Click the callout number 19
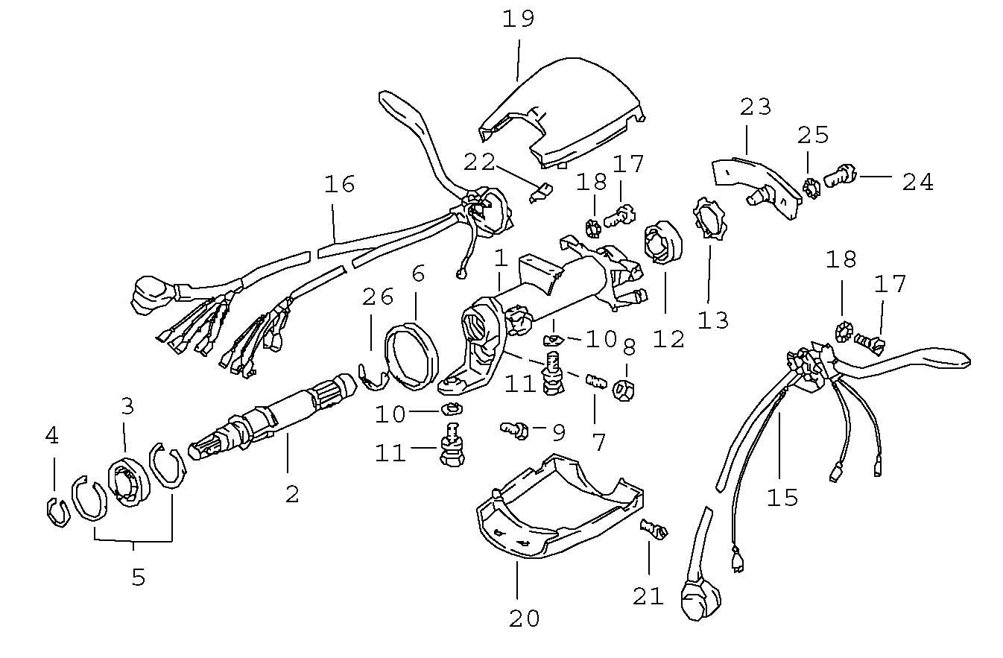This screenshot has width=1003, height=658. click(518, 18)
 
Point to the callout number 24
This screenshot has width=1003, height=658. click(917, 181)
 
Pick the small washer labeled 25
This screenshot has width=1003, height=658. click(811, 186)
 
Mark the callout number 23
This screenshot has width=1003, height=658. click(755, 108)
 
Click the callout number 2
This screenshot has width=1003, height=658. click(291, 493)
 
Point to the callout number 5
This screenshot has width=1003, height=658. click(139, 576)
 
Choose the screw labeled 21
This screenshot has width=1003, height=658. click(654, 531)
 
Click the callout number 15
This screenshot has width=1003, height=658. click(782, 497)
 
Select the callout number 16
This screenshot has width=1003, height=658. click(339, 184)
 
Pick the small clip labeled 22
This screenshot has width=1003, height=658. click(539, 193)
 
